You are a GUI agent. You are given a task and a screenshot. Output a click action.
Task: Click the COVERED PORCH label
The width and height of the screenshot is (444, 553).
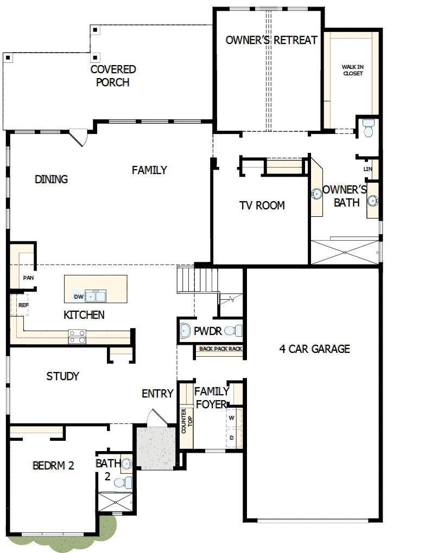113,76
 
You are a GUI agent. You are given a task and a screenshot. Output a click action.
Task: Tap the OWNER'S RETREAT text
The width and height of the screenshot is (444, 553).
271,40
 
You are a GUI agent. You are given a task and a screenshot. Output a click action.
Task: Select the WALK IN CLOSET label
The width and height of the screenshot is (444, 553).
353,70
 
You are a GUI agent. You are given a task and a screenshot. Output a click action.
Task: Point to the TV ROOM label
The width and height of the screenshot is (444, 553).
262,205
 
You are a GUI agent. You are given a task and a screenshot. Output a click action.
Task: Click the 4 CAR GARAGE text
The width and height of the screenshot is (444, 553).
314,349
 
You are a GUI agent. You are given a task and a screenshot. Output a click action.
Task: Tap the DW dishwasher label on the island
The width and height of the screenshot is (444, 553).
78,297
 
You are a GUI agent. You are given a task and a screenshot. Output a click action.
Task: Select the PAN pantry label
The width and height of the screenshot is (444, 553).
28,278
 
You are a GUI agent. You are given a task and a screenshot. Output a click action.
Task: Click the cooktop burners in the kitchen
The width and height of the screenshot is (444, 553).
77,337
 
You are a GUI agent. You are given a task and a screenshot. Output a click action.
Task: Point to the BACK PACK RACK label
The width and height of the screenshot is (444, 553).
220,349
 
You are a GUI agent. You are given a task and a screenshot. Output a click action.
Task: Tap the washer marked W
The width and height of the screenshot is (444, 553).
232,418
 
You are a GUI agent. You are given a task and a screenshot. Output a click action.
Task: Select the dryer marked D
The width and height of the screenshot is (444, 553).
232,437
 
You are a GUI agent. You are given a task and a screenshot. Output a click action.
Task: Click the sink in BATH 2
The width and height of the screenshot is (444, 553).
126,464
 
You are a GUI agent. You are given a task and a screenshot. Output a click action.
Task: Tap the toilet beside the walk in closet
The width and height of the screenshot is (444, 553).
369,128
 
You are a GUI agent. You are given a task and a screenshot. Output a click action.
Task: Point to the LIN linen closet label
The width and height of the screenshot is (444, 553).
368,169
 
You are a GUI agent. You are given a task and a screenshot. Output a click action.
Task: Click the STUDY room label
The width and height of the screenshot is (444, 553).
63,376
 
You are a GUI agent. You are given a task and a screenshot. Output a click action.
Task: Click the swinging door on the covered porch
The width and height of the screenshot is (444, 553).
79,137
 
